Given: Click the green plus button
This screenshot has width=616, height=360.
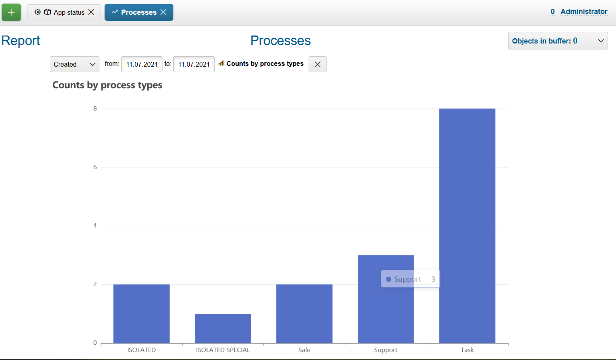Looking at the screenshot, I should pyautogui.click(x=11, y=12).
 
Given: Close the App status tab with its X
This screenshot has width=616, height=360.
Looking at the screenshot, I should pyautogui.click(x=91, y=12).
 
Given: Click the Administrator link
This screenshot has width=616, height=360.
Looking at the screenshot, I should pyautogui.click(x=584, y=12).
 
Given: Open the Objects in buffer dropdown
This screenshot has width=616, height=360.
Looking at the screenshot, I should pyautogui.click(x=558, y=41).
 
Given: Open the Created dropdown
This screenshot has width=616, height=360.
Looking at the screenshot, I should pyautogui.click(x=74, y=64).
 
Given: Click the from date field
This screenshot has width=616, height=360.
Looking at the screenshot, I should pyautogui.click(x=142, y=64).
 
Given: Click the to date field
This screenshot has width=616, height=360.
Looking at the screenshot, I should pyautogui.click(x=194, y=64).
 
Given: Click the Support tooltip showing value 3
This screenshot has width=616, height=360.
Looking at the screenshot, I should pyautogui.click(x=410, y=279).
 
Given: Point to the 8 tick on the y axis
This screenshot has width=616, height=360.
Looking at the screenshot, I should pyautogui.click(x=95, y=109).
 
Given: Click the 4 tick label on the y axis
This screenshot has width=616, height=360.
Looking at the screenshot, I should pyautogui.click(x=95, y=225).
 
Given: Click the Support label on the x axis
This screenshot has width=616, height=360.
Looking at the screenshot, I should pyautogui.click(x=386, y=350).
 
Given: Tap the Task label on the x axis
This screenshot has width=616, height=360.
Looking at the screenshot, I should pyautogui.click(x=467, y=350).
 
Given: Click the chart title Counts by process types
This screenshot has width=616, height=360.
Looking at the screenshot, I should pyautogui.click(x=107, y=85).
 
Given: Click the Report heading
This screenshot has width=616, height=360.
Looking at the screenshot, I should pyautogui.click(x=21, y=41).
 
